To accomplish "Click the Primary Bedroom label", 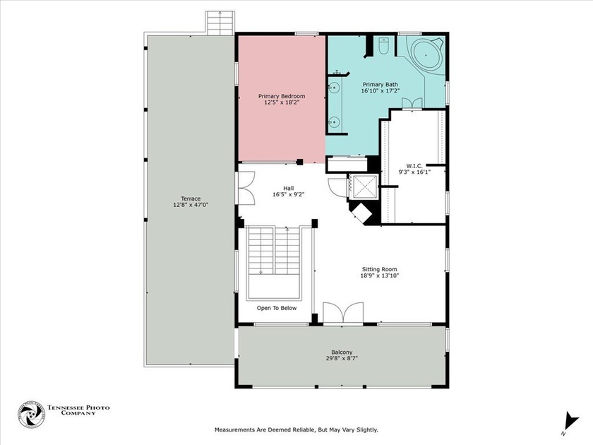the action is click(282, 96).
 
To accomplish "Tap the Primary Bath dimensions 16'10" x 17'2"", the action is click(380, 91).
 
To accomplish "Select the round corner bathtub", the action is click(426, 55).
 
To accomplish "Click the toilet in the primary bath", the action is click(383, 46).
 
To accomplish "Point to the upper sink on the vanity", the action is click(333, 88).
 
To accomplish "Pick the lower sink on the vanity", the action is click(333, 121).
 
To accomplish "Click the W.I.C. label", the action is click(414, 166).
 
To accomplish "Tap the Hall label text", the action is click(289, 189).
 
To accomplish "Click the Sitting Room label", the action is click(379, 269).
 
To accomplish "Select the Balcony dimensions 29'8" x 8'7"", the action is click(342, 358).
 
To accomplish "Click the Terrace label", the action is click(191, 198).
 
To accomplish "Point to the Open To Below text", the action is click(277, 308).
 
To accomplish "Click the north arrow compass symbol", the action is click(570, 422).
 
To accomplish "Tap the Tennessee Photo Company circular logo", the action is click(31, 415).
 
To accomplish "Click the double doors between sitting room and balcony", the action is click(343, 313).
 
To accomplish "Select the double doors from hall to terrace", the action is click(246, 189).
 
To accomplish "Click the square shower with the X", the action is click(363, 186).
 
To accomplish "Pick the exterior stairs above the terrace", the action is click(220, 23).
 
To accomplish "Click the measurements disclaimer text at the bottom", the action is click(296, 430).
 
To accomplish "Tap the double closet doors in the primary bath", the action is click(412, 103).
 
